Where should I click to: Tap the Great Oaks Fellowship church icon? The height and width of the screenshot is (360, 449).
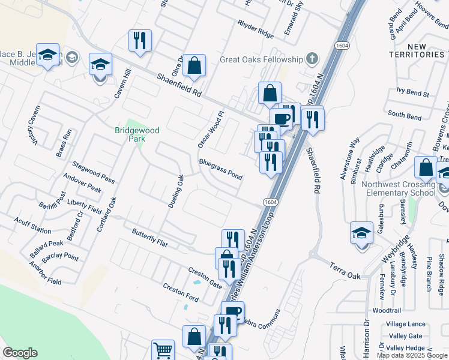coord(312,59)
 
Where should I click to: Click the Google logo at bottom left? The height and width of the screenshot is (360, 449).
coord(20,353)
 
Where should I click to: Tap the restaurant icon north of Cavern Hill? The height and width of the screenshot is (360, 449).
coord(140,41)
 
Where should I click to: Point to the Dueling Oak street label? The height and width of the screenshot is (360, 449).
coord(175,191)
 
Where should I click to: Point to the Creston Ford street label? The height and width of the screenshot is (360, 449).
coord(181,292)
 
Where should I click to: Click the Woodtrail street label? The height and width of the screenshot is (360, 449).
coord(386,311)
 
